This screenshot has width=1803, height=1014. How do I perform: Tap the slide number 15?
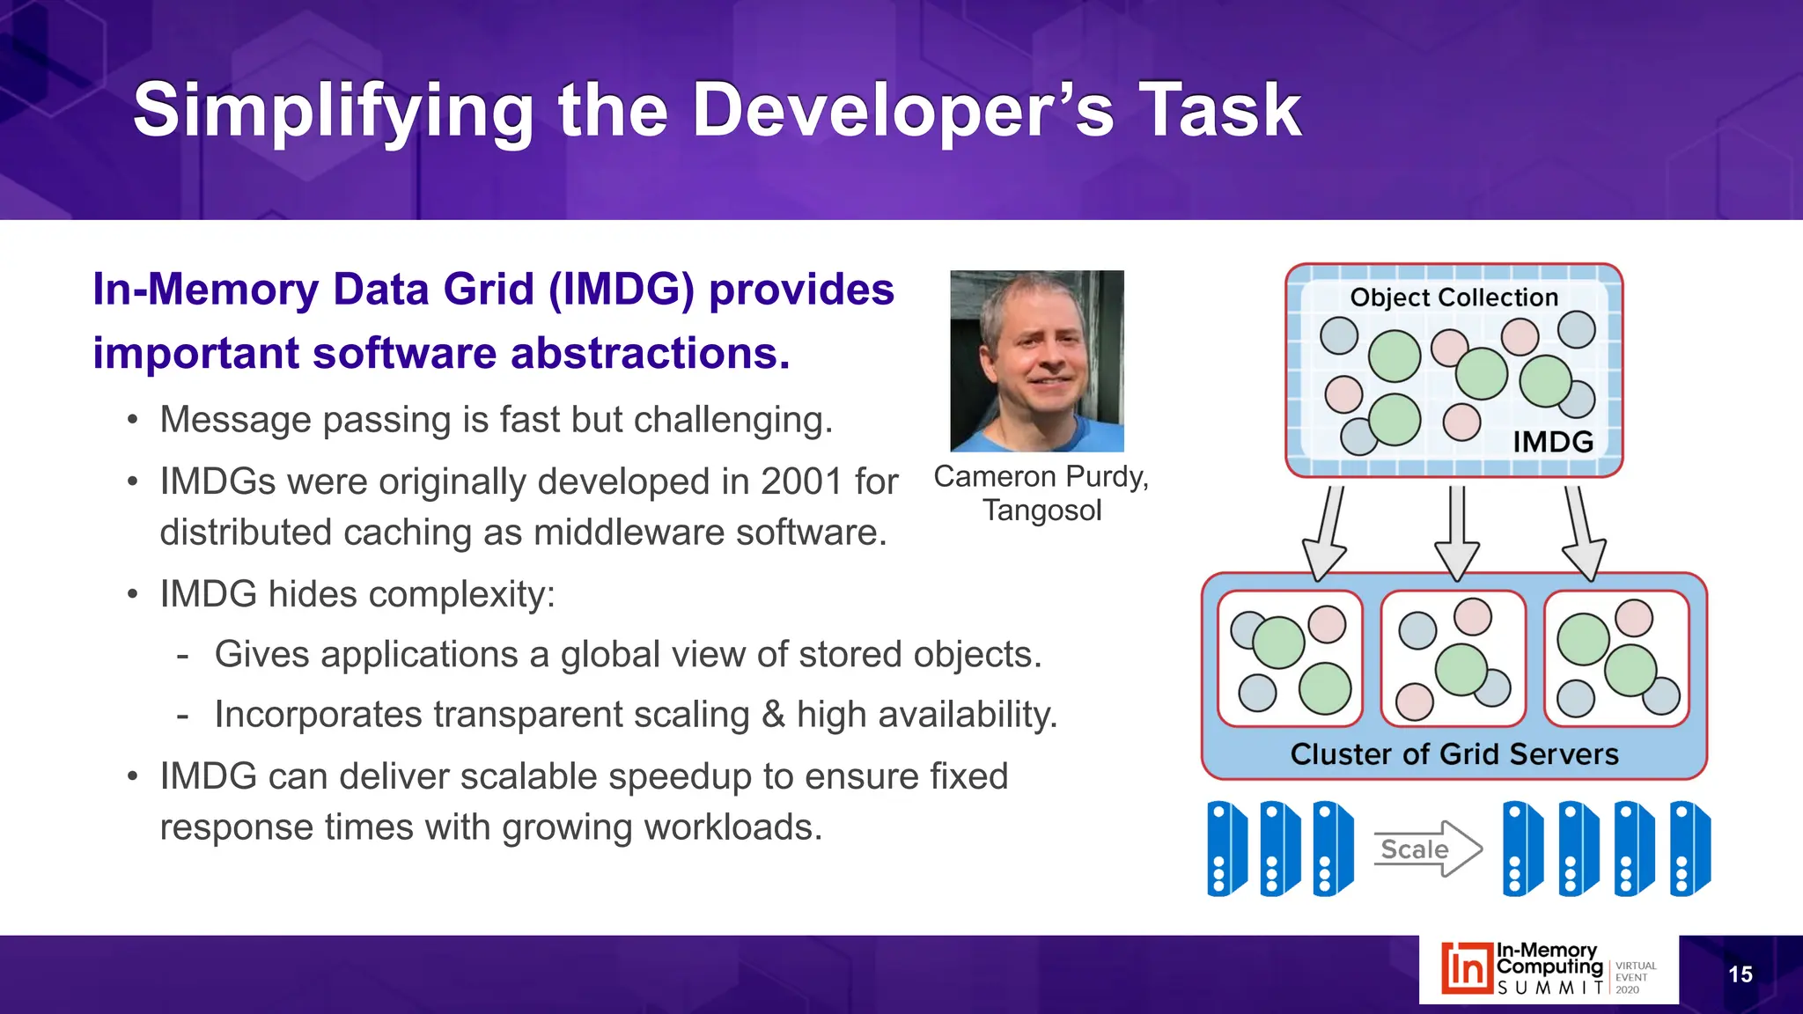[1740, 974]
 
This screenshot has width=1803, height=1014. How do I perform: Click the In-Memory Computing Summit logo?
[1548, 969]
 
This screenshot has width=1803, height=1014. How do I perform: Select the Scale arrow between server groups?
[1427, 849]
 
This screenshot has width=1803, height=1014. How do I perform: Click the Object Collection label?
[1453, 298]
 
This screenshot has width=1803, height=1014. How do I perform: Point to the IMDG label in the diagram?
[1552, 441]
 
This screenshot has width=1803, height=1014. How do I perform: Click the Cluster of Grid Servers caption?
[1453, 754]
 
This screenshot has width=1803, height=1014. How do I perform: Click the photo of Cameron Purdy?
[1036, 361]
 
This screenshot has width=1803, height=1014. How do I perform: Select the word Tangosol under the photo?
[1041, 511]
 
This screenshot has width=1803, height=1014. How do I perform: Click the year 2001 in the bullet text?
[801, 481]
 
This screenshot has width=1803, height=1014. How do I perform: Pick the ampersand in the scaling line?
[772, 715]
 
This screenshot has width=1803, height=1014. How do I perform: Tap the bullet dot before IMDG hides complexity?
[132, 595]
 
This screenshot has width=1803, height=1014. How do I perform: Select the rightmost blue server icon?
[1689, 849]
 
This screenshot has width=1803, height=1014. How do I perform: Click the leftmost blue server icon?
[1226, 849]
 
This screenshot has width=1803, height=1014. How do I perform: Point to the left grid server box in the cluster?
[1290, 658]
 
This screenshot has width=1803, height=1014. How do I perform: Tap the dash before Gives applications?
[182, 656]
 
